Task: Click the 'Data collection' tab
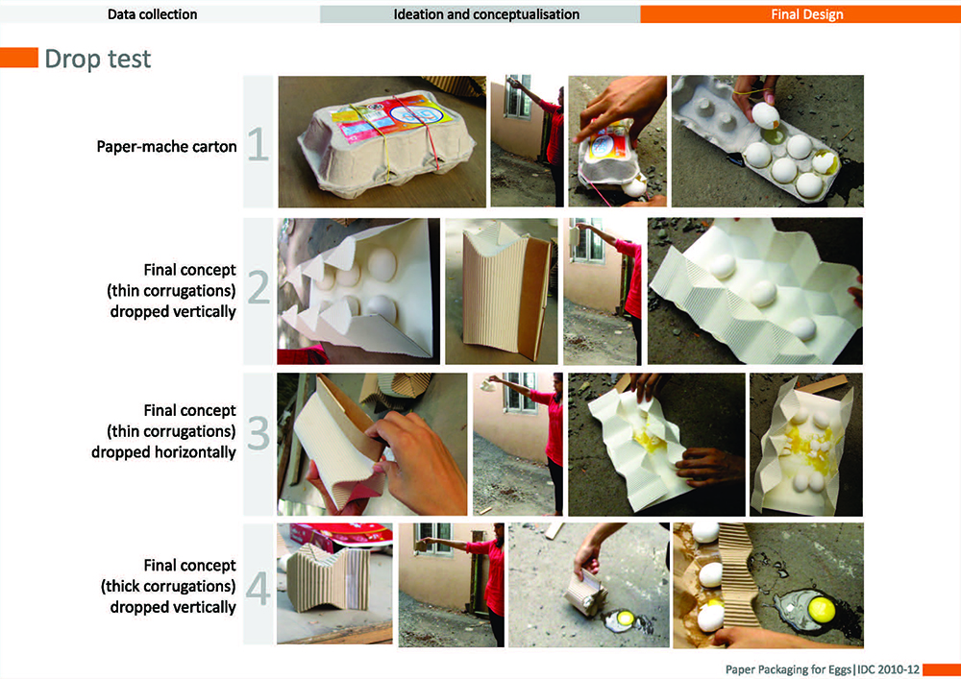coord(153,14)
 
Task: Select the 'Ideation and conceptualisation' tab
coord(486,14)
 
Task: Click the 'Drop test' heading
coord(97,59)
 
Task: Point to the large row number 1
coord(258,144)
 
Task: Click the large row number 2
coord(258,288)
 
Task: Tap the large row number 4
coord(258,589)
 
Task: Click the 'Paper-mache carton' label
coord(166,147)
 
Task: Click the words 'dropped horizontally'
coord(163,451)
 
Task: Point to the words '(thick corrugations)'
coord(168,586)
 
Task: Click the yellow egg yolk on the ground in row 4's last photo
coord(822,609)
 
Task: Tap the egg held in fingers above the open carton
coord(766,115)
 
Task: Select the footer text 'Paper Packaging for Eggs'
coord(788,669)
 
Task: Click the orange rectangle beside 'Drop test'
coord(19,58)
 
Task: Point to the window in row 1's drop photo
coord(518,96)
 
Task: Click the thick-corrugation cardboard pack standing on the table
coord(328,577)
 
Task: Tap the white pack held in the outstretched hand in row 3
coord(487,385)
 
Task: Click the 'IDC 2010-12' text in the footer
coord(888,669)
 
